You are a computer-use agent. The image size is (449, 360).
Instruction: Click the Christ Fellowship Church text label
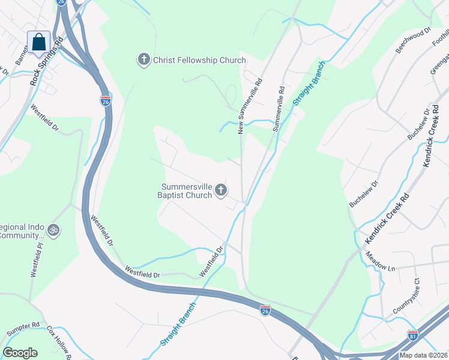point(199,60)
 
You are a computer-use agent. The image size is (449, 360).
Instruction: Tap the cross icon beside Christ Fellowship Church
point(143,60)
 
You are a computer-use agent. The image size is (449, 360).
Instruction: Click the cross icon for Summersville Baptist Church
point(221,191)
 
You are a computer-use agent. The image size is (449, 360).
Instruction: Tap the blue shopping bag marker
point(39,43)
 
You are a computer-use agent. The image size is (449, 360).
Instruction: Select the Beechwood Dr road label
point(414,40)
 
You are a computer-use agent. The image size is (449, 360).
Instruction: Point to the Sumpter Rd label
point(23,329)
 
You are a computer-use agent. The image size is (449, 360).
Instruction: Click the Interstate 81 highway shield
point(413,335)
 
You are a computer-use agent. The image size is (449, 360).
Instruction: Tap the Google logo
point(20,352)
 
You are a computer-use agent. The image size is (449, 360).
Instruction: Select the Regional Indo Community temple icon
point(53,230)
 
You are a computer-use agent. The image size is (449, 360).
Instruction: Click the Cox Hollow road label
point(60,343)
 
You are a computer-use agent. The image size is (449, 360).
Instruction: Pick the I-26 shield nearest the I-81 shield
point(265,310)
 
